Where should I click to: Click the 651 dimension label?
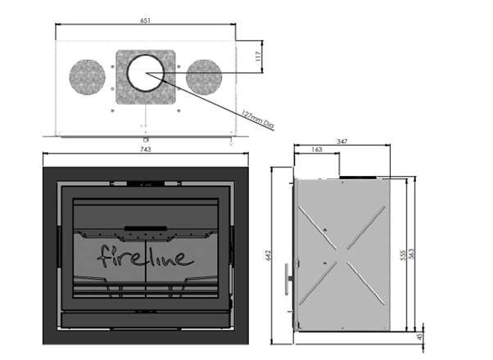point(145,20)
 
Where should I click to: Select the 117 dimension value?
point(258,56)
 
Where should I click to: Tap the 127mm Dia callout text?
point(258,119)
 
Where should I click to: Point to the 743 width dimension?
point(145,149)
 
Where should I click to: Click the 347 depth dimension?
point(342,142)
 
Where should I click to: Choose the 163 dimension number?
point(317,149)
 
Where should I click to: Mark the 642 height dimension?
point(268,255)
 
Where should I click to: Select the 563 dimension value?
point(411,254)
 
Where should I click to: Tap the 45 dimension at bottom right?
point(420,337)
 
